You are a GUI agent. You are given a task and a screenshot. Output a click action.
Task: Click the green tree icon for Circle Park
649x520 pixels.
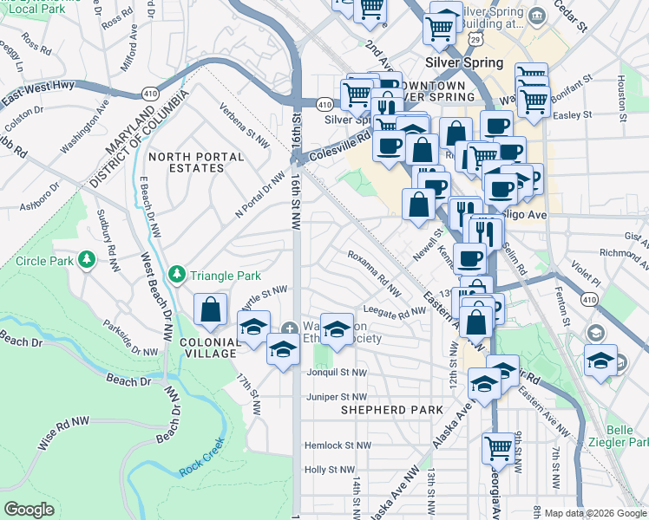pyautogui.click(x=86, y=260)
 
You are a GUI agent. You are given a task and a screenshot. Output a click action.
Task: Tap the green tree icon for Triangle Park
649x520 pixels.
pyautogui.click(x=177, y=275)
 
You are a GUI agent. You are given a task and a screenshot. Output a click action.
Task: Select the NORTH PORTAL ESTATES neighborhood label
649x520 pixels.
pyautogui.click(x=198, y=162)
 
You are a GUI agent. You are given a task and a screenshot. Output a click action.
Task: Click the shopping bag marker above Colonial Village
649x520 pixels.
pyautogui.click(x=211, y=310)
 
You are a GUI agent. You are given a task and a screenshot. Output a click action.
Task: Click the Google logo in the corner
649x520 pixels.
pyautogui.click(x=29, y=510)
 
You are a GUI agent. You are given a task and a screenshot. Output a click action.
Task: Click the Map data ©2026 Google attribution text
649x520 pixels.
pyautogui.click(x=595, y=513)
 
